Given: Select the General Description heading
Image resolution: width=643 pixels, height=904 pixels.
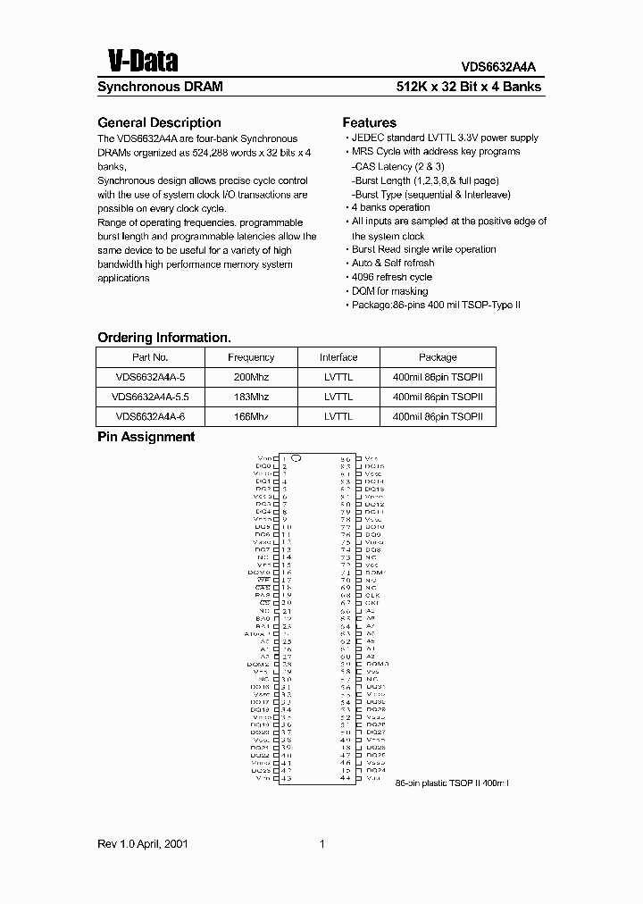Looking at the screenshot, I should (x=158, y=122).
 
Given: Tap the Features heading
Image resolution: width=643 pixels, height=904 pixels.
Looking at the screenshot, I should (x=369, y=122).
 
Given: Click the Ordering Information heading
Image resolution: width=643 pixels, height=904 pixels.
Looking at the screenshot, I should (x=163, y=338).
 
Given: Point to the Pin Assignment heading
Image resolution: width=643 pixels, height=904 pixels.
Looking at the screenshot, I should (x=146, y=437).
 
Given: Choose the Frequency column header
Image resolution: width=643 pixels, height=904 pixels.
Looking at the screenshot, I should (x=251, y=357).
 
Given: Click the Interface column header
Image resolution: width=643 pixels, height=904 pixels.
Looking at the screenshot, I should (x=338, y=357).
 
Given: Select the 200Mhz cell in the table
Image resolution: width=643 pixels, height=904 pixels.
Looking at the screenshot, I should (x=251, y=377).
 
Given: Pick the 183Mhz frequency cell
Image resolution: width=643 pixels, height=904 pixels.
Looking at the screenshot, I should (x=251, y=397).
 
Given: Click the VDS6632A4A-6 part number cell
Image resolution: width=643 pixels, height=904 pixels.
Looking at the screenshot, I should (x=150, y=416).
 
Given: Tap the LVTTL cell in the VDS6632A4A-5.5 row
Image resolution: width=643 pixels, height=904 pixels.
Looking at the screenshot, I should (x=338, y=397).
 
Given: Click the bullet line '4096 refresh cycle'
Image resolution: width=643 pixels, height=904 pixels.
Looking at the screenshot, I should (x=391, y=277).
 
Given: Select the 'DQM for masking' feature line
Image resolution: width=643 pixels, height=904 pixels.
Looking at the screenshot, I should (x=389, y=291).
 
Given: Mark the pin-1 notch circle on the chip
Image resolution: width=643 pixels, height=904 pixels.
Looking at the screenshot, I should (x=296, y=457).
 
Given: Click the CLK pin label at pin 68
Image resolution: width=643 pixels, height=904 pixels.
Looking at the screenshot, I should (x=372, y=594).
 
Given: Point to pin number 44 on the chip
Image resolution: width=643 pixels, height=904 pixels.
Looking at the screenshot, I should (x=345, y=779).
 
